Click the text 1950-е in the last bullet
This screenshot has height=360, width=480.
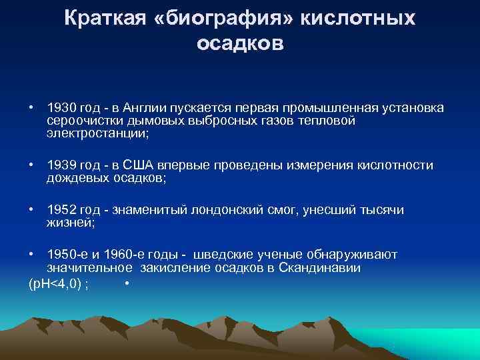(66, 255)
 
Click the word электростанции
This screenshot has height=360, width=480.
(97, 132)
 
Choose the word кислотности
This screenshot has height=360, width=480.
(395, 165)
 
